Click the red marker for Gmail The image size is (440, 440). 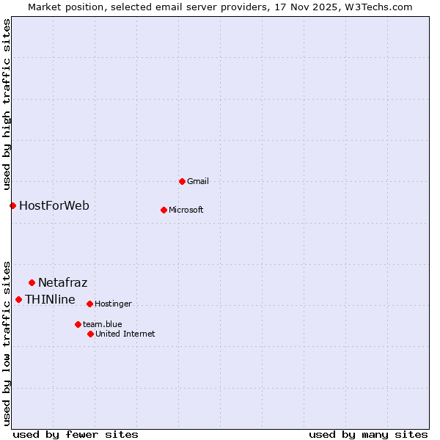click(x=182, y=181)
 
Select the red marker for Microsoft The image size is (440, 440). click(x=164, y=210)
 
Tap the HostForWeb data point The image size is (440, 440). click(x=12, y=205)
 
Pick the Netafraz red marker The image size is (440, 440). click(x=32, y=282)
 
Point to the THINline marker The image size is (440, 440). click(x=18, y=299)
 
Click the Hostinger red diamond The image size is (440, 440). click(x=89, y=304)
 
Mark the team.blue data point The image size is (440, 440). click(x=78, y=324)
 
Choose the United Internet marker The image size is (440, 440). click(x=90, y=334)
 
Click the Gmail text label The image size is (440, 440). click(x=198, y=181)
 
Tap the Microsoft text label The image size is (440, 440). click(x=186, y=210)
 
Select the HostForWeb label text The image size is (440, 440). click(x=54, y=205)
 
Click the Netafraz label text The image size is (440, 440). click(x=62, y=282)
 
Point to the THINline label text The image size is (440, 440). click(x=50, y=299)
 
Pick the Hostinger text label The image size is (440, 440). click(x=113, y=304)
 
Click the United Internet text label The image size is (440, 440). click(x=125, y=334)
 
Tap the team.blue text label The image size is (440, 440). click(x=103, y=324)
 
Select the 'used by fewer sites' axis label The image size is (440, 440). click(x=76, y=434)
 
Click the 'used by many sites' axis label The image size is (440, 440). click(x=368, y=434)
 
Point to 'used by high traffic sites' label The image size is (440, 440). click(x=7, y=104)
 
